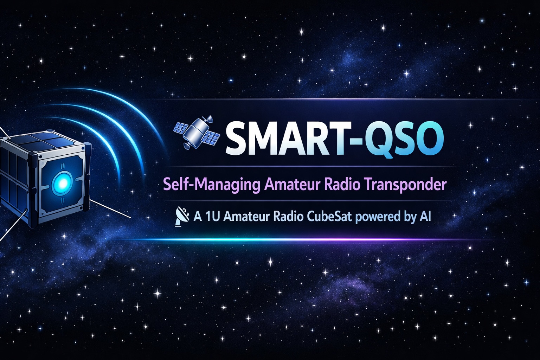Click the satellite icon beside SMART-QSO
197,131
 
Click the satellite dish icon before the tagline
182,216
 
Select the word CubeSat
329,216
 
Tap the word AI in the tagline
425,216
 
